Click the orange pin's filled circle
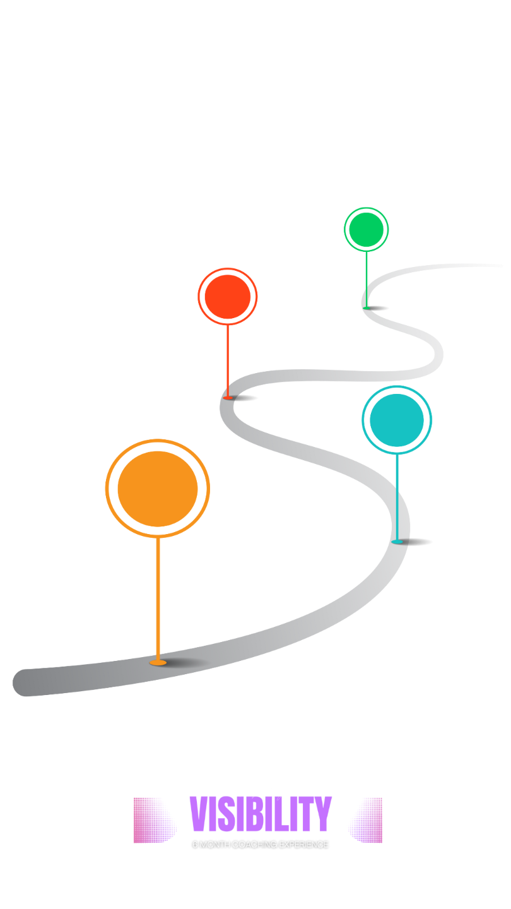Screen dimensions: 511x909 pos(158,488)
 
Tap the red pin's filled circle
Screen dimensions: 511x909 pos(228,296)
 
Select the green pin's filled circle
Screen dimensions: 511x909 pos(366,229)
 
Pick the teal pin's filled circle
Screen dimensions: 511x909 pos(397,420)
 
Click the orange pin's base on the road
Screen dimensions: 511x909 pos(158,662)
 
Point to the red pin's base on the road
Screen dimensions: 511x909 pos(228,397)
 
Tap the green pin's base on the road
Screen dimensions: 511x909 pos(367,307)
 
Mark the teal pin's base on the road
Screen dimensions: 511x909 pos(397,542)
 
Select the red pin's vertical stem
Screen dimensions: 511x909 pos(228,360)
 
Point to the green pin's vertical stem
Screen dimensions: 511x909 pos(367,278)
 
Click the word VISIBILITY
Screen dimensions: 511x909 pos(261,814)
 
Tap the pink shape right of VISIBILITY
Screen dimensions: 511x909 pos(365,820)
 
